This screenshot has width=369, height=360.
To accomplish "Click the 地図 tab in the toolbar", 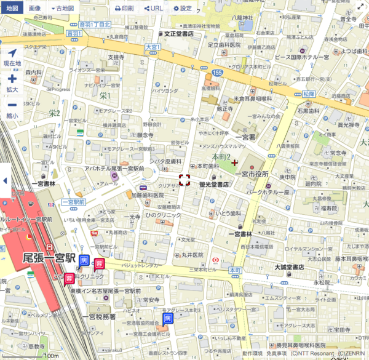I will pyautogui.click(x=12, y=9).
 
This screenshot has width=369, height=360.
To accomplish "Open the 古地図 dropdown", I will pyautogui.click(x=63, y=9).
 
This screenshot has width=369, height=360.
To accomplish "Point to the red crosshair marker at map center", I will pyautogui.click(x=184, y=180).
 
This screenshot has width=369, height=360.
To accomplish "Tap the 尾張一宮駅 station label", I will pyautogui.click(x=49, y=258).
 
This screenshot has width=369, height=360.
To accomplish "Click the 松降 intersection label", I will pyautogui.click(x=308, y=94).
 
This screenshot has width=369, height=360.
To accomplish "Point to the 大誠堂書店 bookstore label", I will pyautogui.click(x=289, y=267).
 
